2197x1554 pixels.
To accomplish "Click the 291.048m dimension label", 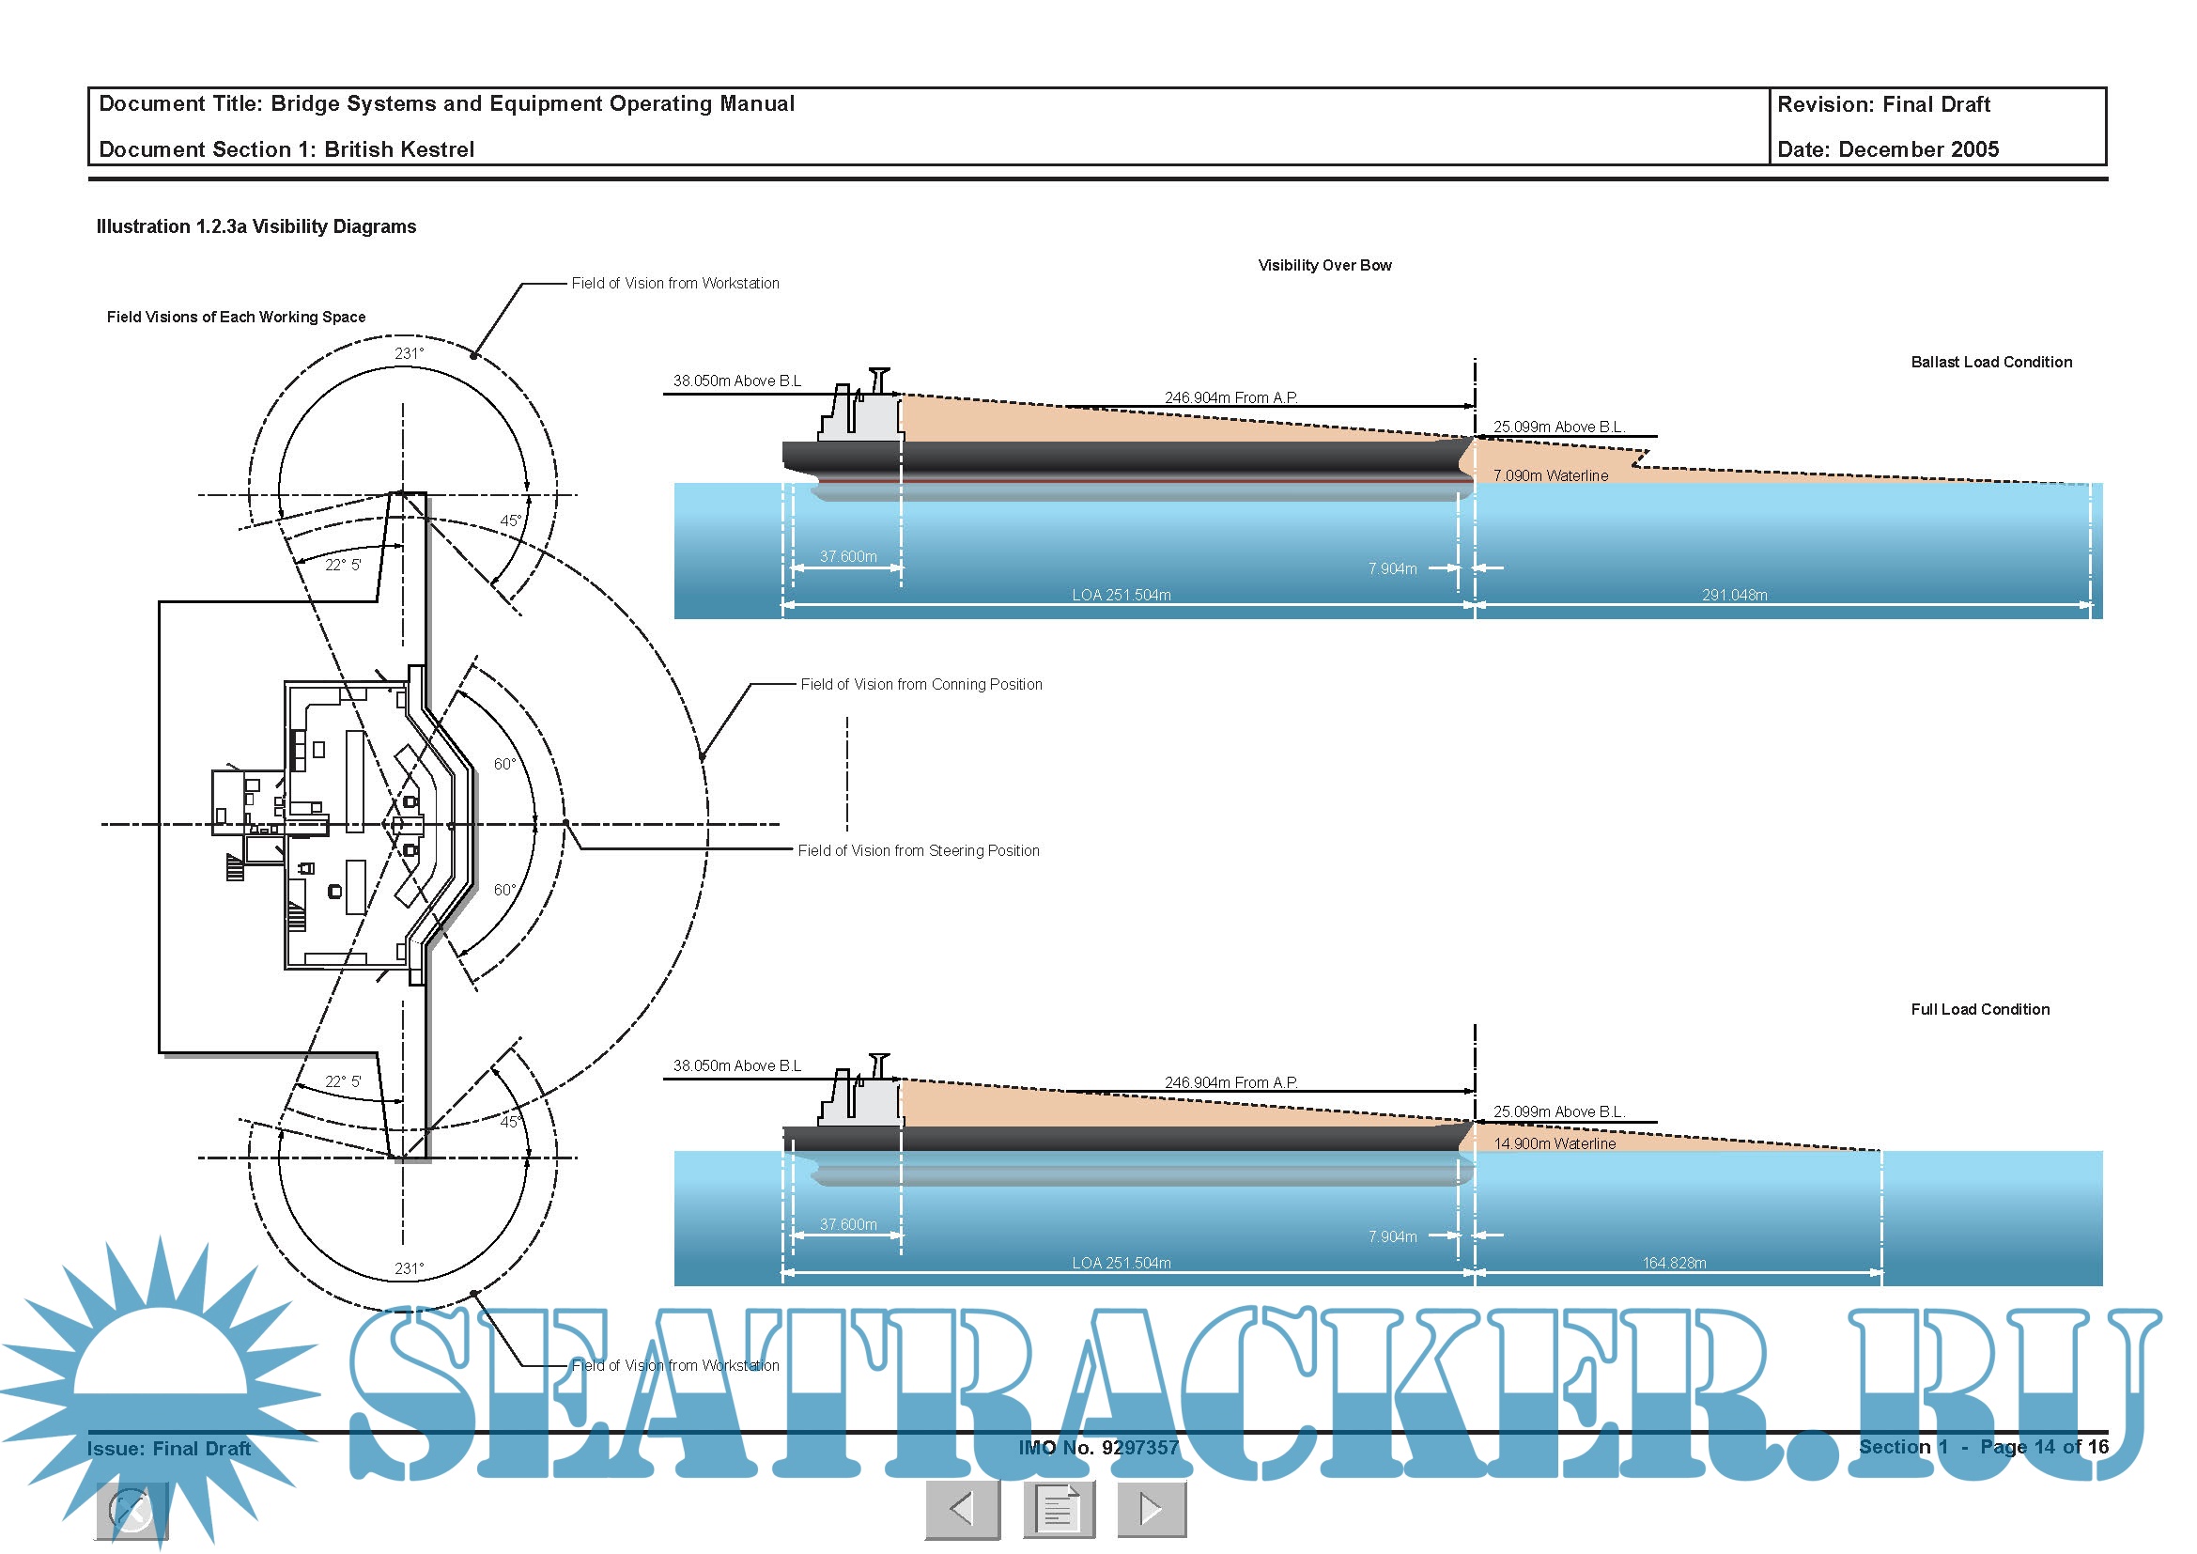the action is click(x=1734, y=595).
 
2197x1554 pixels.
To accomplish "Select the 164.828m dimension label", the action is click(x=1674, y=1263).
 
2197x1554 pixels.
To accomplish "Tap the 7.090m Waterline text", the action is click(x=1550, y=475).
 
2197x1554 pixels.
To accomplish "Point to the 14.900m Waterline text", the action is click(x=1554, y=1143).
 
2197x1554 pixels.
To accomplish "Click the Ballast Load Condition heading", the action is click(x=1991, y=362).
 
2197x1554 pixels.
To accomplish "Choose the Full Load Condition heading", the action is click(x=1980, y=1009).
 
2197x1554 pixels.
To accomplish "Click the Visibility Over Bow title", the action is click(x=1324, y=265).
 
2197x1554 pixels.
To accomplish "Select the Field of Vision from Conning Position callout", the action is click(x=921, y=684).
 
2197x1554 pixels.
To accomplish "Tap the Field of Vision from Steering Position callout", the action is click(x=919, y=850).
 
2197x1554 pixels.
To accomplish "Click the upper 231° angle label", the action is click(x=410, y=353).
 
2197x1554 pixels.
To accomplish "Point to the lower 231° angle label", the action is click(x=410, y=1268).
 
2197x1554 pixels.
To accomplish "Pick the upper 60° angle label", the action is click(x=504, y=764).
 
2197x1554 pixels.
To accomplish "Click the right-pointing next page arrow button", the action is click(x=1153, y=1510).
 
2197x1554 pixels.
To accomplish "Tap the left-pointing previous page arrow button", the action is click(x=963, y=1510).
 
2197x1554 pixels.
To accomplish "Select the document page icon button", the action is click(x=1059, y=1510).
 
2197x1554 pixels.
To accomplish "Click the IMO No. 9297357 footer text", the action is click(x=1099, y=1448).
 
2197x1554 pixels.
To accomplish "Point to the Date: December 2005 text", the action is click(x=1888, y=149).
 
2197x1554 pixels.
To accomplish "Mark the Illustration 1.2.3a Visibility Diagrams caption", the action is click(x=256, y=226).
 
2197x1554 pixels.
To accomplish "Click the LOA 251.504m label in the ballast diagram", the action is click(x=1122, y=595).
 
